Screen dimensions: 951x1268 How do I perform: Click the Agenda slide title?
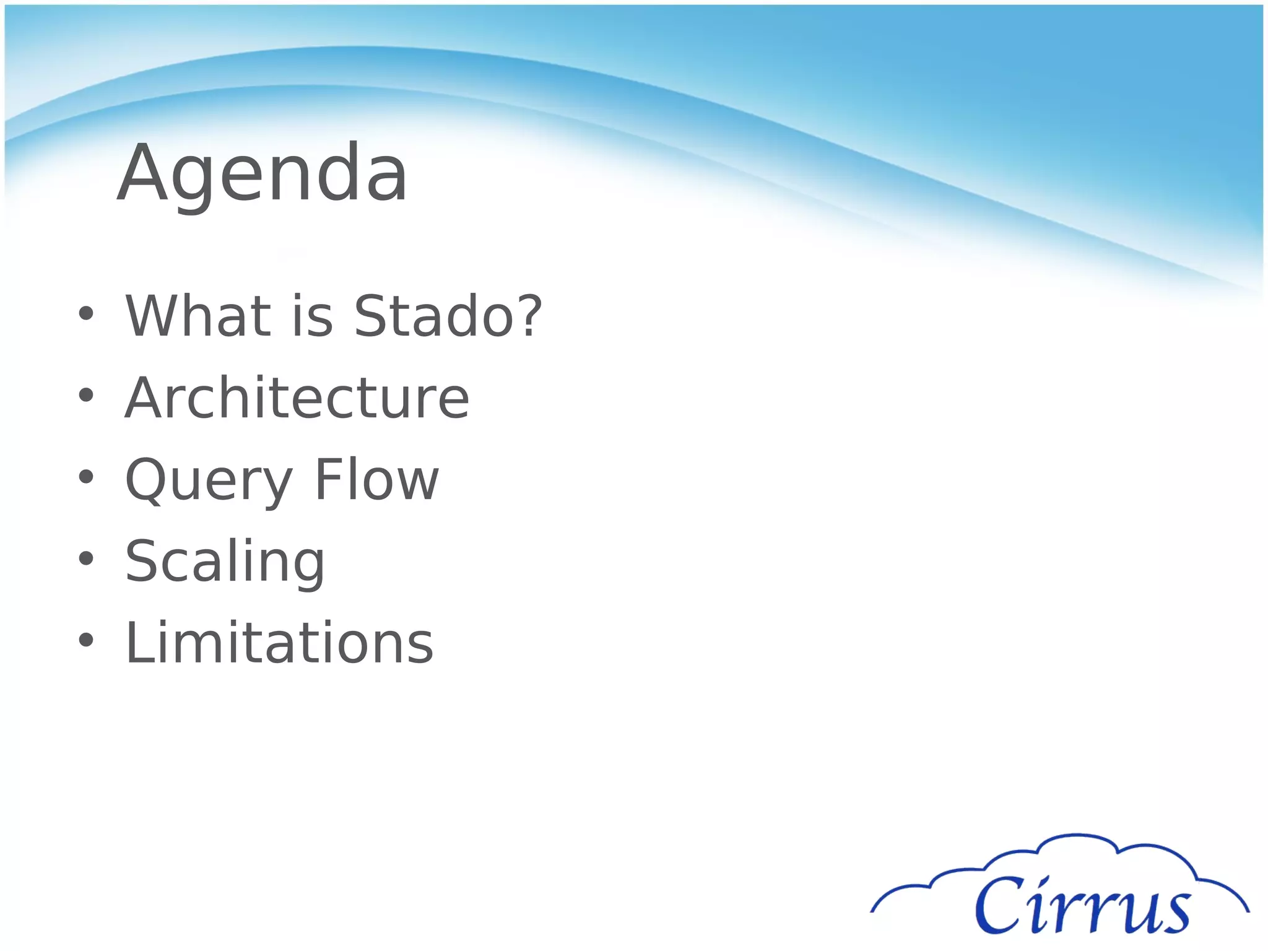pyautogui.click(x=263, y=173)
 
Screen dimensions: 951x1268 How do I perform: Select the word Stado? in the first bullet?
pyautogui.click(x=447, y=316)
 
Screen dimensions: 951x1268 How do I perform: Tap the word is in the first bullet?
pyautogui.click(x=313, y=316)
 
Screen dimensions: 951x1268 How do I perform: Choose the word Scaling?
pyautogui.click(x=225, y=562)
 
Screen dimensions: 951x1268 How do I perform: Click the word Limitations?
pyautogui.click(x=279, y=643)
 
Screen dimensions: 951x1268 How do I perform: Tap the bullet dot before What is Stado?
pyautogui.click(x=86, y=313)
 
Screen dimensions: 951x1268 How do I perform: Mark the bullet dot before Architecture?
pyautogui.click(x=86, y=395)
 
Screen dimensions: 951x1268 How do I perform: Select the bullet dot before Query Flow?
pyautogui.click(x=86, y=477)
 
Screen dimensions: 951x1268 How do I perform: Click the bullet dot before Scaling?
pyautogui.click(x=86, y=558)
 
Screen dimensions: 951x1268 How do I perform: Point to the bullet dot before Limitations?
pyautogui.click(x=86, y=640)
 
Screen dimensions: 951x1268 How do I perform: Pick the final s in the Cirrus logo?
pyautogui.click(x=1173, y=913)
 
